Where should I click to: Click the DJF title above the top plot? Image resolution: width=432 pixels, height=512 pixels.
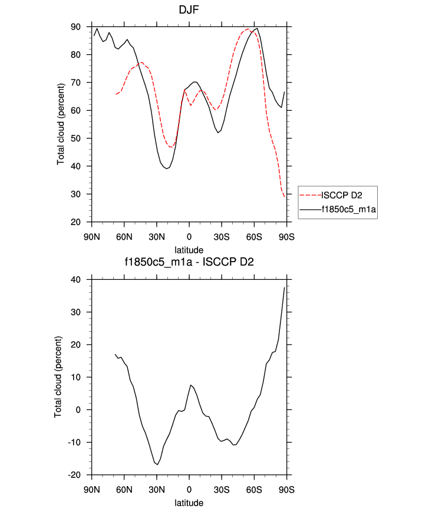[189, 10]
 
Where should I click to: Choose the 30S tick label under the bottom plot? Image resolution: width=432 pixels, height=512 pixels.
[222, 489]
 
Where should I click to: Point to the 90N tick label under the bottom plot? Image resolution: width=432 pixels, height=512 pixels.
[91, 489]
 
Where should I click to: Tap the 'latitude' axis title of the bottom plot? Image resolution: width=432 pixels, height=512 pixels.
[189, 503]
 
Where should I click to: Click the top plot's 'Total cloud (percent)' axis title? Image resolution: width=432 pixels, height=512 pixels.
[61, 124]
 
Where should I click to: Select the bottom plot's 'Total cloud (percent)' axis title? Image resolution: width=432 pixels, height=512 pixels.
[58, 377]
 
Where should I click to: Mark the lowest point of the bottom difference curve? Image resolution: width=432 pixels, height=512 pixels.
[157, 464]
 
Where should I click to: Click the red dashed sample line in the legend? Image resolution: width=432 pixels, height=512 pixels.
[309, 195]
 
